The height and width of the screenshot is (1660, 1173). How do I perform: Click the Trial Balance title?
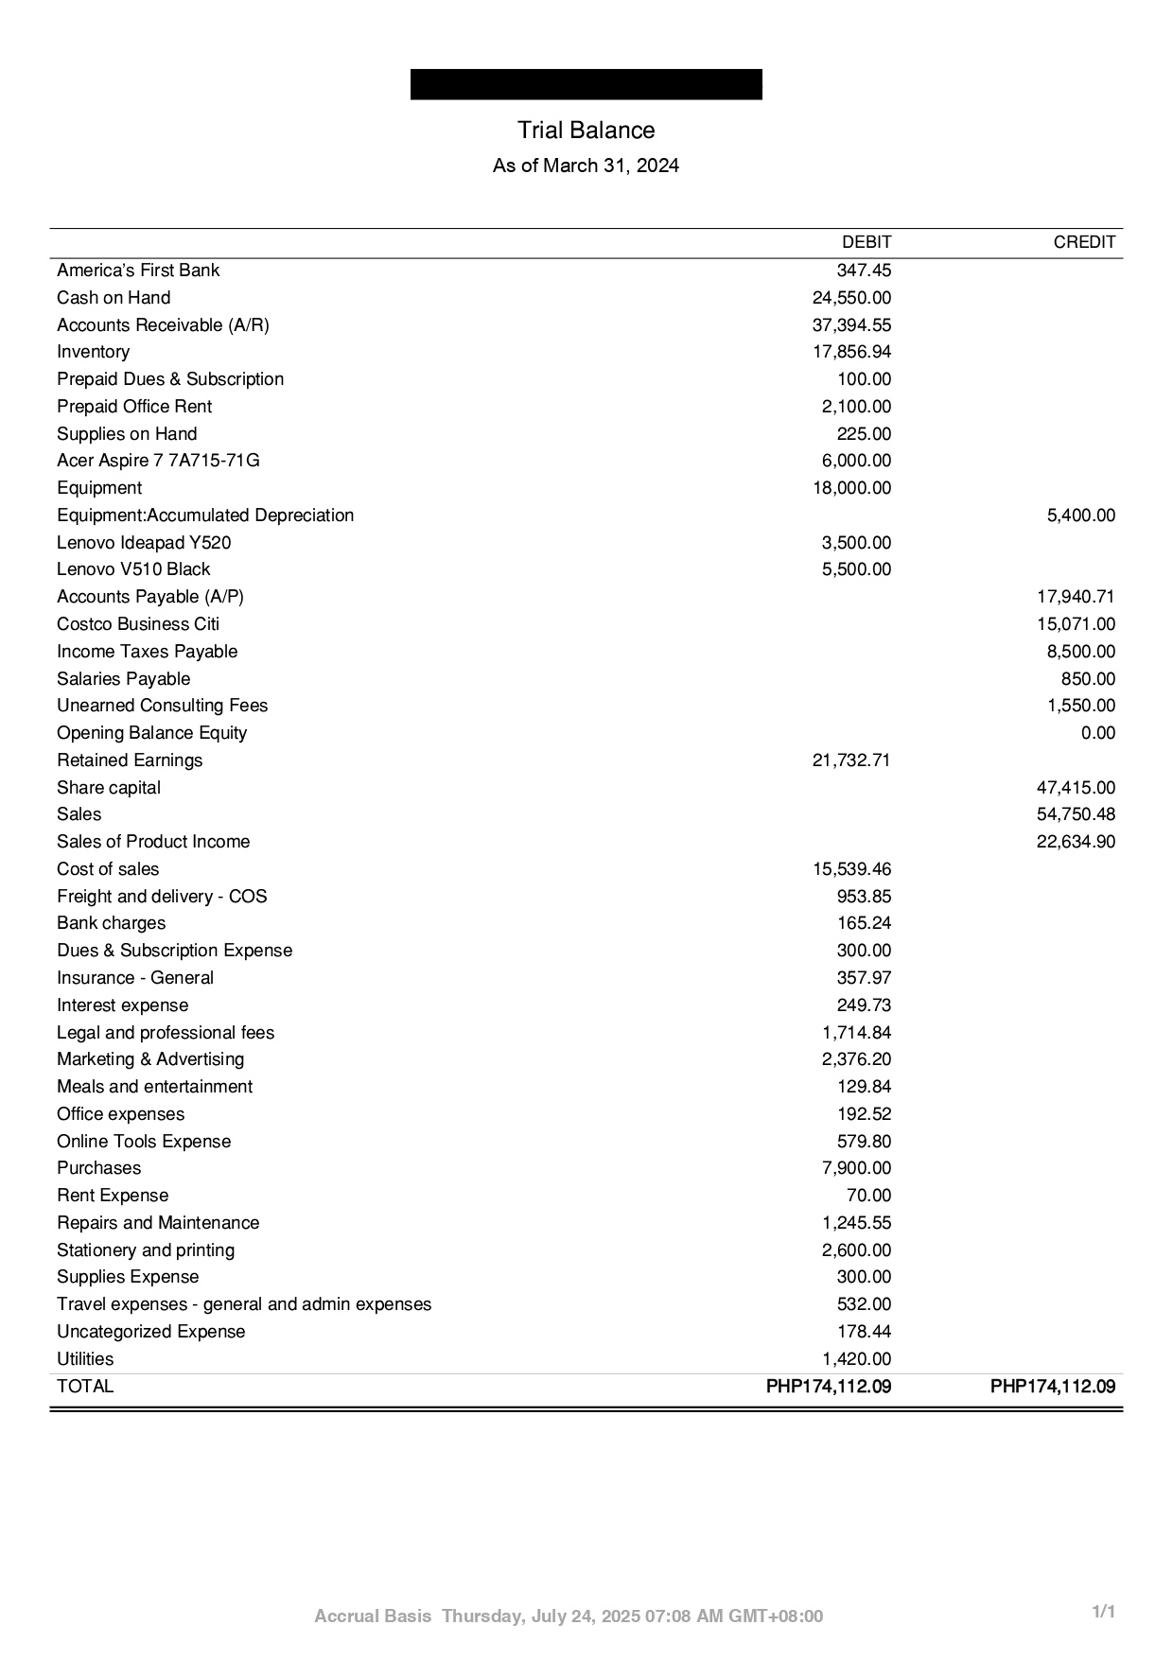(x=586, y=131)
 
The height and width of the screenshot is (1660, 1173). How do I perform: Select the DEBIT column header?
(x=866, y=242)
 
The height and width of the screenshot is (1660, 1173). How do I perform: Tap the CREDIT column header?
(x=1084, y=242)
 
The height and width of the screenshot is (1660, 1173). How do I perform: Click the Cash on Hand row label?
(x=114, y=298)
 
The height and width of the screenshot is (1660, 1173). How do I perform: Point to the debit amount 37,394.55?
(x=851, y=325)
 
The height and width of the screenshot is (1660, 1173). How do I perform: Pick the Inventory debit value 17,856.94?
(x=851, y=352)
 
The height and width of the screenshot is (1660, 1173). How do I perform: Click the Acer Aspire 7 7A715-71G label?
(x=158, y=461)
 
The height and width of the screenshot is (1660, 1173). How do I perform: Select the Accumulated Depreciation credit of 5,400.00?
(x=1080, y=515)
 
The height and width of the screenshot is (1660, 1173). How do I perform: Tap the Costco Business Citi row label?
(x=138, y=624)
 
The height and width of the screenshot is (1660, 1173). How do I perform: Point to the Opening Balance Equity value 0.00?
(x=1097, y=733)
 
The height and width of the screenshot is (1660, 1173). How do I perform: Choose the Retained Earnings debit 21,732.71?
(x=851, y=760)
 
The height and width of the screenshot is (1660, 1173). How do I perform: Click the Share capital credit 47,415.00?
(x=1076, y=788)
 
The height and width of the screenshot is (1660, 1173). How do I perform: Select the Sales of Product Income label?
(x=153, y=842)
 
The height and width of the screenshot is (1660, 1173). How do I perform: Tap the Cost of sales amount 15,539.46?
(x=851, y=869)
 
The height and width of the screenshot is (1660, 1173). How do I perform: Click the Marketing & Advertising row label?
(x=150, y=1059)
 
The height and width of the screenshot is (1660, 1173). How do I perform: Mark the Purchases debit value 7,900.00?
(x=856, y=1168)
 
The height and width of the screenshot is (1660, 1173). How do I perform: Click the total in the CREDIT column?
(x=1052, y=1387)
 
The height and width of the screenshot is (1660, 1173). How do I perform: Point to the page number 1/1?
(x=1104, y=1612)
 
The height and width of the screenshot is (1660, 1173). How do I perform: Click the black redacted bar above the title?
(x=586, y=84)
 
